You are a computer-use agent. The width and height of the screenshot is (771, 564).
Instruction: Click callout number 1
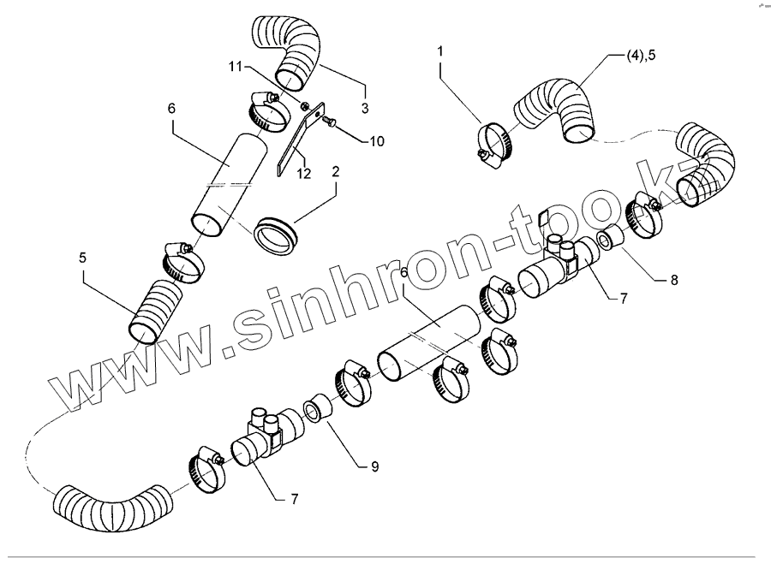440,51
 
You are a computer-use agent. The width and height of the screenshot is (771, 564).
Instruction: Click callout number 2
336,171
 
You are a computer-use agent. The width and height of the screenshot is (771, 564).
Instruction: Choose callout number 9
374,466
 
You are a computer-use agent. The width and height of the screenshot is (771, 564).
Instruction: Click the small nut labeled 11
307,106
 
